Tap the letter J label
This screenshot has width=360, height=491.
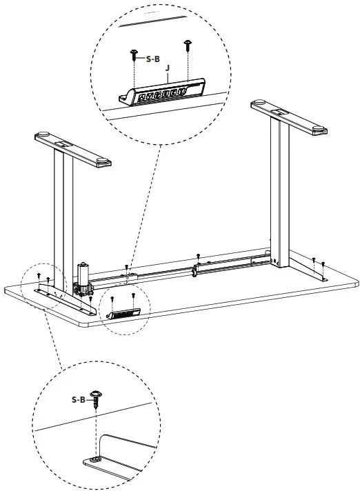pyautogui.click(x=168, y=68)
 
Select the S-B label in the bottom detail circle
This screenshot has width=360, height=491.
pyautogui.click(x=79, y=399)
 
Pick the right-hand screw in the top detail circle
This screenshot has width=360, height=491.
pyautogui.click(x=188, y=46)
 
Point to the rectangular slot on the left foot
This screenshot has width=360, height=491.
pyautogui.click(x=63, y=145)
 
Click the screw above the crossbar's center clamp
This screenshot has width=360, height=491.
pyautogui.click(x=199, y=257)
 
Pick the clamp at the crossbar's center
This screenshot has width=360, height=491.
pyautogui.click(x=197, y=270)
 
